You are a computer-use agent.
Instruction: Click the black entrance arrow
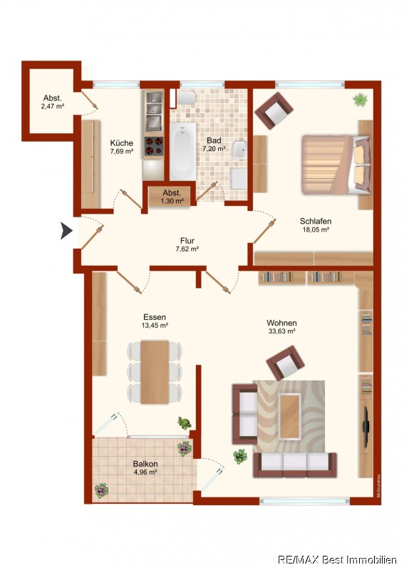coord(66,230)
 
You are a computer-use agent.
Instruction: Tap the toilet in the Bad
coord(187,98)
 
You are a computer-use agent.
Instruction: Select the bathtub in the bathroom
coord(182,151)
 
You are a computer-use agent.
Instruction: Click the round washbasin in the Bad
coord(239,150)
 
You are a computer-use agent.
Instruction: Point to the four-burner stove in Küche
coord(154,146)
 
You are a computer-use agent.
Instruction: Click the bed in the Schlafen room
coord(336,165)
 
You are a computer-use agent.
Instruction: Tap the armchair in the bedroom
coord(274,110)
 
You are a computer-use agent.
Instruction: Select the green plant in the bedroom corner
coord(360,100)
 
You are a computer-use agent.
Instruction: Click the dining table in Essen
coord(155,372)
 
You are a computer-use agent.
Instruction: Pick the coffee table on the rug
coord(290,416)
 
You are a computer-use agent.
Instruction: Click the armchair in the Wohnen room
coord(286,363)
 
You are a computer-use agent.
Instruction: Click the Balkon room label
coord(145,464)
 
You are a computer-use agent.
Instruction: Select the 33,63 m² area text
coord(281,331)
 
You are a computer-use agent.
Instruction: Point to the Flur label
coord(187,241)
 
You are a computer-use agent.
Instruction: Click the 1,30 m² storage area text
coord(172,201)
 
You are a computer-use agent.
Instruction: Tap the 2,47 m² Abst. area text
coord(53,106)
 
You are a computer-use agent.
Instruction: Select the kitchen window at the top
coord(116,85)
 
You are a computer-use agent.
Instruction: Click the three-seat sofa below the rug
coord(295,465)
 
